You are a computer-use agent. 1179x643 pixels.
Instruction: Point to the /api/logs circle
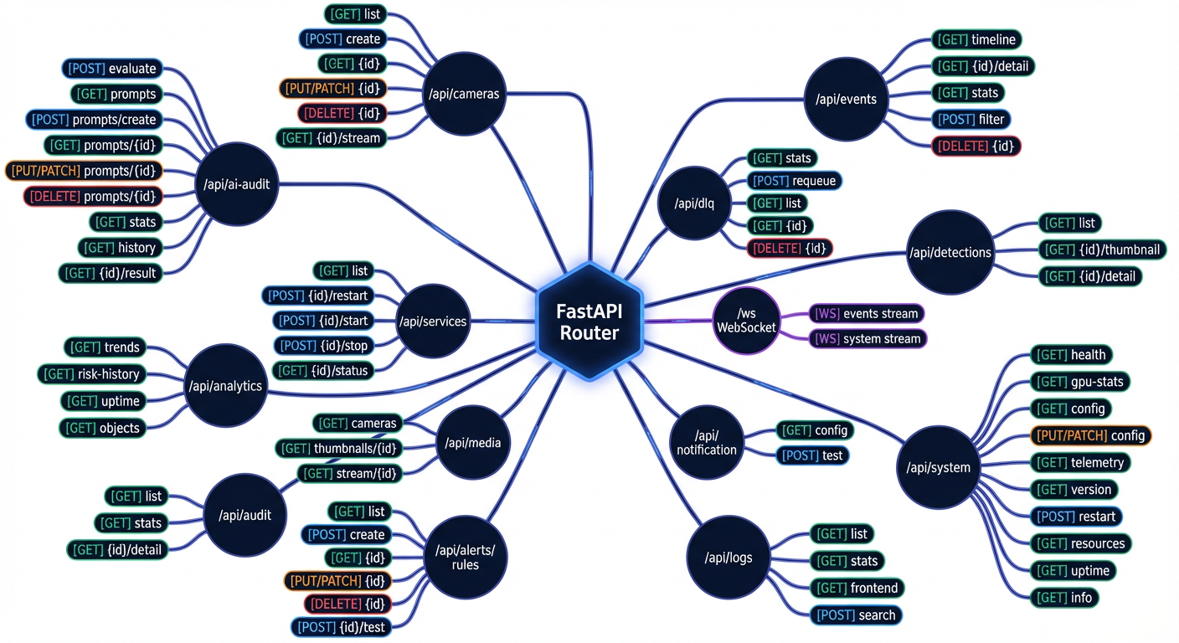pyautogui.click(x=723, y=557)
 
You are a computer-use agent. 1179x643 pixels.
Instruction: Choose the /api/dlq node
pyautogui.click(x=694, y=203)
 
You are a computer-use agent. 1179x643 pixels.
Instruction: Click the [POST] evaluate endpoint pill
pyautogui.click(x=112, y=69)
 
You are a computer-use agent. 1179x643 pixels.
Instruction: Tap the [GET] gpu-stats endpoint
pyautogui.click(x=1080, y=382)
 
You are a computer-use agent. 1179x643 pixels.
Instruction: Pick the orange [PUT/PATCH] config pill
pyautogui.click(x=1089, y=435)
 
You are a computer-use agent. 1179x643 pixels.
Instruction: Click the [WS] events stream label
pyautogui.click(x=866, y=314)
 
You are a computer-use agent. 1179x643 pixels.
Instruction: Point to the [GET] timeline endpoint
pyautogui.click(x=976, y=39)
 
